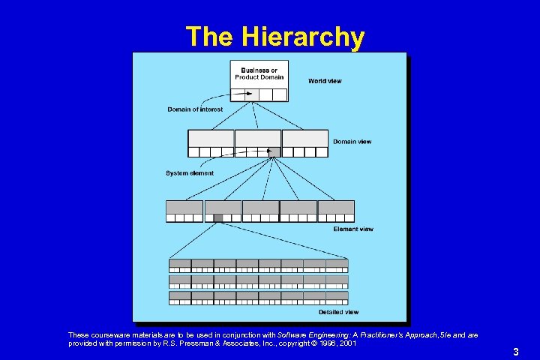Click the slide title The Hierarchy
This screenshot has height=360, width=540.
275,36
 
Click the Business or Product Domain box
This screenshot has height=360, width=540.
259,74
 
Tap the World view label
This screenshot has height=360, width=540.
325,81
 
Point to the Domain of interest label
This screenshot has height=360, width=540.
195,109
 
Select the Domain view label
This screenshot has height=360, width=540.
352,142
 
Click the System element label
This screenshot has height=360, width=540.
190,173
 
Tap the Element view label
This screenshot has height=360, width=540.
352,229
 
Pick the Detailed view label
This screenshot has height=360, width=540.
338,312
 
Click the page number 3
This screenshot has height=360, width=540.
516,351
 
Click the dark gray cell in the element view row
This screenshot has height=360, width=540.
218,218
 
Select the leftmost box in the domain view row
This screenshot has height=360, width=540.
211,139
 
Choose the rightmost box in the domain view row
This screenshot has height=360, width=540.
305,139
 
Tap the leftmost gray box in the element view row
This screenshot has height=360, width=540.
184,207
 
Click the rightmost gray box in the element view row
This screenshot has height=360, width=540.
336,207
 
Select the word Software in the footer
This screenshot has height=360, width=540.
294,334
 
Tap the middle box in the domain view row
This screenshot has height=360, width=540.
258,139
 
